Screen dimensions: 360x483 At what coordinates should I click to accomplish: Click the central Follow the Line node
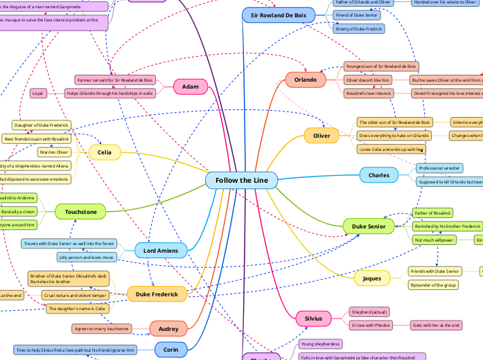pos(241,181)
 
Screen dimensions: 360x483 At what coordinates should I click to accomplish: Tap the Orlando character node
pos(306,80)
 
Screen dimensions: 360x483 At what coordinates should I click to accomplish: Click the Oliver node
pos(322,135)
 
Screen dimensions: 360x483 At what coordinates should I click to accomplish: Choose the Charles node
pos(378,175)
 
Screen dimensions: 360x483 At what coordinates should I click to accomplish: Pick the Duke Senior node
pos(369,226)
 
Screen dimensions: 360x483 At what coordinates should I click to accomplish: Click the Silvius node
pos(313,318)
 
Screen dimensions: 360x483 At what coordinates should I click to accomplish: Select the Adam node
pos(191,87)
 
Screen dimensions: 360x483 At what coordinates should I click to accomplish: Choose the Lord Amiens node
pos(160,250)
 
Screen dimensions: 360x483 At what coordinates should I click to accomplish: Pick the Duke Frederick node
pos(157,294)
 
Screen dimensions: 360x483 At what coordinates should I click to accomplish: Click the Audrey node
pos(168,329)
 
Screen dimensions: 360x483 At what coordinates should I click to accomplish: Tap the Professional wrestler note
pos(439,168)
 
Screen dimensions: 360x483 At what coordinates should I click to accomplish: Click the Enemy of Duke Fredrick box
pos(359,28)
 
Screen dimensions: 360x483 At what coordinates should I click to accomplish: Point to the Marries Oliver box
pos(53,152)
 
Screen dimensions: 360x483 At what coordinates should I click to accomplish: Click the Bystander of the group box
pos(433,285)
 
